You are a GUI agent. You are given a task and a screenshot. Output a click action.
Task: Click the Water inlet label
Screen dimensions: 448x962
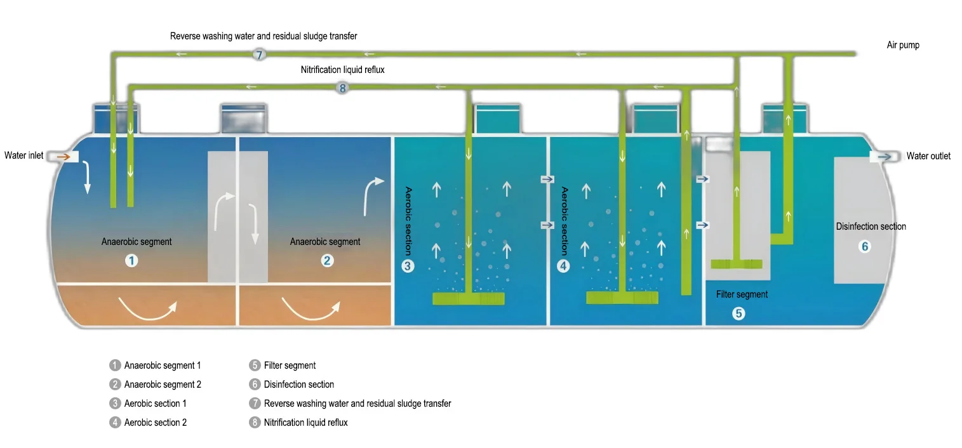pyautogui.click(x=24, y=155)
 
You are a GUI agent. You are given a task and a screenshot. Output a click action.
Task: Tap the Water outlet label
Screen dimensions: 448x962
pyautogui.click(x=928, y=156)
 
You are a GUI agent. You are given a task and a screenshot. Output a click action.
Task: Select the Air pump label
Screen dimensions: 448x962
pyautogui.click(x=903, y=45)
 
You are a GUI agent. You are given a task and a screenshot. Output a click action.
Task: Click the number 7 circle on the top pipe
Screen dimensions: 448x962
pyautogui.click(x=259, y=54)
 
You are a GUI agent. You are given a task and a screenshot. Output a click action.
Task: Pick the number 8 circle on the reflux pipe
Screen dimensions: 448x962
pyautogui.click(x=342, y=88)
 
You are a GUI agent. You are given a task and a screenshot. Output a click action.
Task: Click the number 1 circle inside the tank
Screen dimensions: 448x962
pyautogui.click(x=131, y=260)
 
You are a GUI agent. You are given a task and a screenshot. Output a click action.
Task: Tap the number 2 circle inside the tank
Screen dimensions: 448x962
pyautogui.click(x=327, y=260)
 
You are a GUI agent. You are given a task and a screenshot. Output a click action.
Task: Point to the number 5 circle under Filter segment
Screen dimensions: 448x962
pyautogui.click(x=738, y=313)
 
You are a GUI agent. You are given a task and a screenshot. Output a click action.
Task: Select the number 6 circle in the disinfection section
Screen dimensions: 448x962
pyautogui.click(x=864, y=246)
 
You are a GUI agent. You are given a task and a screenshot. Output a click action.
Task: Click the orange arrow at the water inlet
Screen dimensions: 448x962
pyautogui.click(x=63, y=155)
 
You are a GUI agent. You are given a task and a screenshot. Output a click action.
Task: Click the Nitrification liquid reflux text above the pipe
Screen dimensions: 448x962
pyautogui.click(x=342, y=70)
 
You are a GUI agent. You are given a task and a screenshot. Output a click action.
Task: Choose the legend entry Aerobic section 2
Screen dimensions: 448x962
pyautogui.click(x=155, y=422)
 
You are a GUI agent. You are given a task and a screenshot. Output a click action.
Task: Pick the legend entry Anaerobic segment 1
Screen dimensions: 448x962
pyautogui.click(x=162, y=366)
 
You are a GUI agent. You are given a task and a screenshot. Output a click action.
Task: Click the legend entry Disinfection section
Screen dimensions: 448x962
pyautogui.click(x=298, y=384)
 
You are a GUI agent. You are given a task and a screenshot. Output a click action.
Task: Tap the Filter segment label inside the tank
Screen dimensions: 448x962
pyautogui.click(x=742, y=294)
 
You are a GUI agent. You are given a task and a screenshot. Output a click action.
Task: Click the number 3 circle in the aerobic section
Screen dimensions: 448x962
pyautogui.click(x=408, y=267)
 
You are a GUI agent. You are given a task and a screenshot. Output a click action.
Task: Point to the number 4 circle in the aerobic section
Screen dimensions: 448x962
pyautogui.click(x=563, y=267)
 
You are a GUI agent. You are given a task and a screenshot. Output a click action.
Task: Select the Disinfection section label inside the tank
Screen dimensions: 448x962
pyautogui.click(x=871, y=227)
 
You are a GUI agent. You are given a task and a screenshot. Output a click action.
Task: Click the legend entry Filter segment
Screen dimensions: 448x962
pyautogui.click(x=290, y=366)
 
